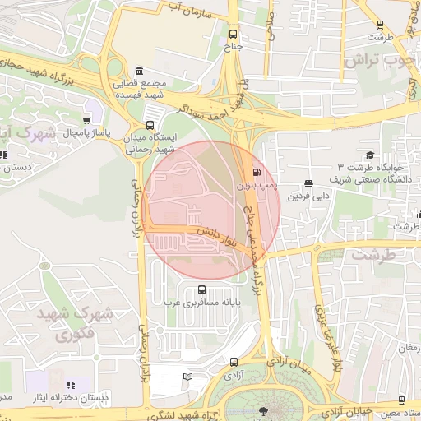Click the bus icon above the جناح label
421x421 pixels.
tap(233, 35)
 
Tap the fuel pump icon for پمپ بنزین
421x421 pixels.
tap(258, 173)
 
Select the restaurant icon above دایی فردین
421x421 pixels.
tap(308, 183)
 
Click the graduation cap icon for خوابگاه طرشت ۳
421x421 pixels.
tap(370, 155)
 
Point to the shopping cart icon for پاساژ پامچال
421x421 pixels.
tap(86, 120)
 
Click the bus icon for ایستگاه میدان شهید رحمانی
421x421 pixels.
tap(149, 125)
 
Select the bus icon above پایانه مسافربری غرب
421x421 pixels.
tap(202, 289)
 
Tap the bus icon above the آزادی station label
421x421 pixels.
tap(234, 361)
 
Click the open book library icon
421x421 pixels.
tap(188, 377)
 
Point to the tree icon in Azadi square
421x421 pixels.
tap(263, 409)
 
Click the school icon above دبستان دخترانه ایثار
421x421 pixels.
tap(71, 384)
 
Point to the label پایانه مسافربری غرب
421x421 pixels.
tap(204, 303)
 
